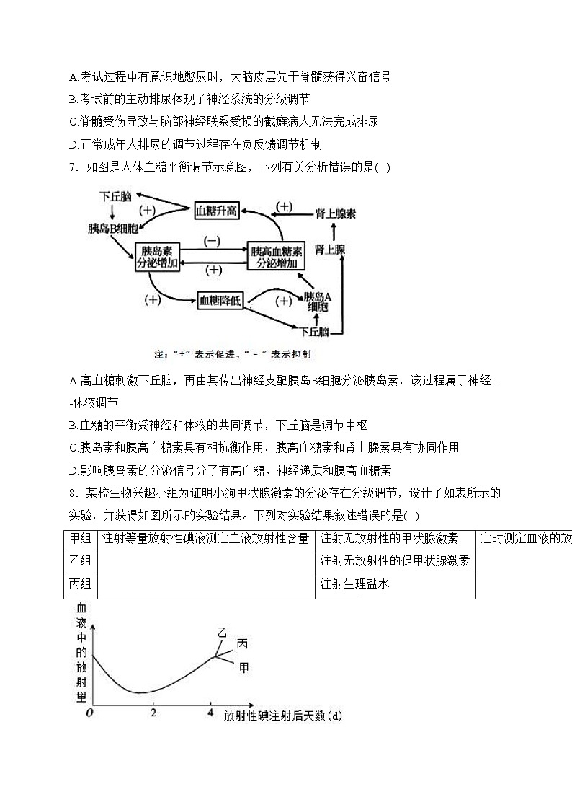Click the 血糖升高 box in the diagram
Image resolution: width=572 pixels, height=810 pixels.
[x=217, y=211]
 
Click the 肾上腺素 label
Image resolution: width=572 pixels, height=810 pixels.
[x=335, y=213]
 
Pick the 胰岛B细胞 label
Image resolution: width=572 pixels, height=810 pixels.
[x=110, y=229]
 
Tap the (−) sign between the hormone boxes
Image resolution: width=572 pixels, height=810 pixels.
[x=213, y=241]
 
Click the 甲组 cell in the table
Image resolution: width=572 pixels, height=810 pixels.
[x=80, y=539]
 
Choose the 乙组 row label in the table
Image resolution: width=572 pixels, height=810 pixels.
[x=80, y=561]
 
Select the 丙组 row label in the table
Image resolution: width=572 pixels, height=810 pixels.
[x=80, y=584]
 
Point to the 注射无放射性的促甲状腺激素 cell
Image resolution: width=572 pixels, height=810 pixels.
[x=395, y=561]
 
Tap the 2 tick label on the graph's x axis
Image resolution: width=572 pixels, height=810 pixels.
[x=153, y=713]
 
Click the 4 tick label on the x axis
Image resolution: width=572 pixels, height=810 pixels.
[x=210, y=713]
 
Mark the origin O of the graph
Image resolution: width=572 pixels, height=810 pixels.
[x=89, y=713]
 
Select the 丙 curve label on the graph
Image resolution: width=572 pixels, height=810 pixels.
[x=242, y=643]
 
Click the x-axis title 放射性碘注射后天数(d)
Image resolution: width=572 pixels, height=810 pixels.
[x=282, y=716]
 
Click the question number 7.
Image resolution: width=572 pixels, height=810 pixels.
[x=72, y=167]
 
